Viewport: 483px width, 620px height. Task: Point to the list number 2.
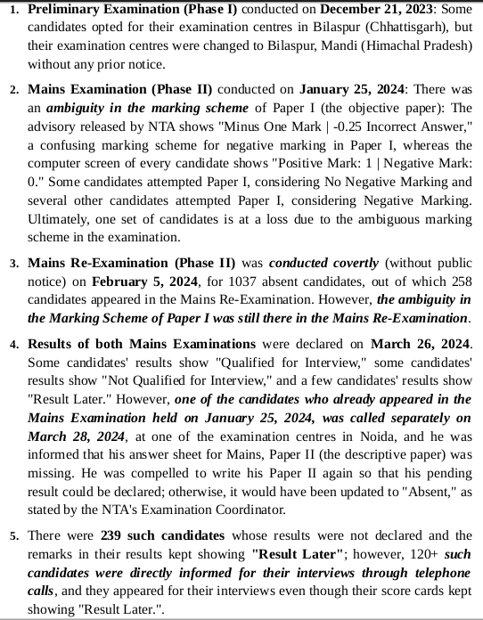coord(14,91)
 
